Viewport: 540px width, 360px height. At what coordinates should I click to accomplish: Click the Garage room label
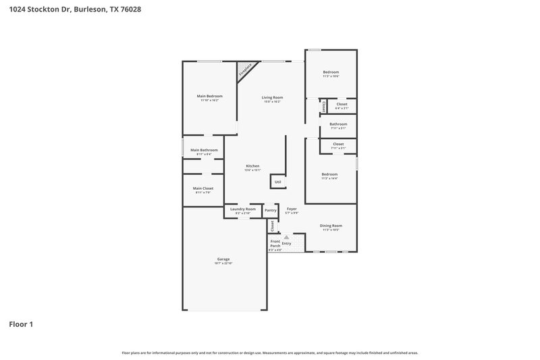pyautogui.click(x=223, y=259)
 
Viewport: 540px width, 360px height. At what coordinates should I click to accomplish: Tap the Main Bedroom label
pyautogui.click(x=209, y=97)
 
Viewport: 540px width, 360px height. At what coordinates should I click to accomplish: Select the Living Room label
pyautogui.click(x=272, y=97)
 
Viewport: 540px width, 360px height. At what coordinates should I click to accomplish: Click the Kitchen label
pyautogui.click(x=252, y=166)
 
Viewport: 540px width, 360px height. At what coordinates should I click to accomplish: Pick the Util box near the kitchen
pyautogui.click(x=277, y=182)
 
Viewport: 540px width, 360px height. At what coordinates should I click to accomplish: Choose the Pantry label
pyautogui.click(x=270, y=210)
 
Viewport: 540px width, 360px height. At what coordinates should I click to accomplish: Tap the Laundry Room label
pyautogui.click(x=243, y=209)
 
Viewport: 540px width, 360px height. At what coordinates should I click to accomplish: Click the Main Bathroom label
pyautogui.click(x=204, y=150)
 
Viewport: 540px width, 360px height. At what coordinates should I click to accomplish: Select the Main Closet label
pyautogui.click(x=203, y=188)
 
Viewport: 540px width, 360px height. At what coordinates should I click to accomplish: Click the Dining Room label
pyautogui.click(x=331, y=226)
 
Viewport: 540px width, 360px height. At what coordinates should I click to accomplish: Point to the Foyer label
pyautogui.click(x=292, y=209)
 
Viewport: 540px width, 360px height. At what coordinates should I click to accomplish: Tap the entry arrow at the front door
pyautogui.click(x=286, y=237)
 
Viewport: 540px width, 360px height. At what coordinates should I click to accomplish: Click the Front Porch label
pyautogui.click(x=275, y=244)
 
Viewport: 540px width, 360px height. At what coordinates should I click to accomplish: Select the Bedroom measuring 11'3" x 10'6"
pyautogui.click(x=331, y=72)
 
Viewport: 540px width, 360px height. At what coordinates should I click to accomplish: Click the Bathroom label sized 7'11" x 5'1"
pyautogui.click(x=338, y=124)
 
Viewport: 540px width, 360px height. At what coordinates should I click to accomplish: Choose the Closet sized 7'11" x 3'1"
pyautogui.click(x=338, y=144)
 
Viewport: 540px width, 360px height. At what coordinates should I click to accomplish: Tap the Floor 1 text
pyautogui.click(x=21, y=324)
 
